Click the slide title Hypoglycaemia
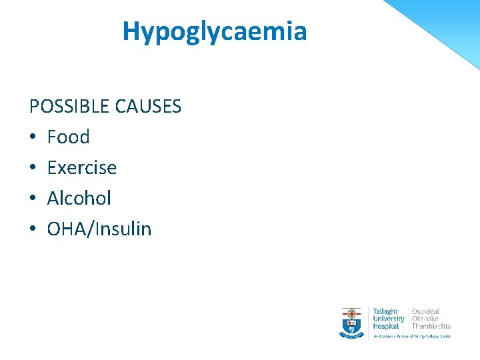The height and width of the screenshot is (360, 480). click(214, 31)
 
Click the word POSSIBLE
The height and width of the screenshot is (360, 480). click(69, 107)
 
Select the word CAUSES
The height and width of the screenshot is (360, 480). click(148, 107)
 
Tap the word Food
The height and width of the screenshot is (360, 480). click(68, 137)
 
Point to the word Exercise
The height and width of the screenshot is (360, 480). click(81, 168)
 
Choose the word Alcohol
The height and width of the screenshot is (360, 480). click(79, 199)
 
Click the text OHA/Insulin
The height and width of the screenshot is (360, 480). click(99, 229)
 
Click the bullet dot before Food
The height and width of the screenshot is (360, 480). click(33, 138)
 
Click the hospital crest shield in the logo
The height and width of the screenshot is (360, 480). click(351, 321)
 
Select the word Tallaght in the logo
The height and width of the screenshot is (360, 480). click(385, 311)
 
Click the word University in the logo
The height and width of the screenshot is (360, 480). click(389, 319)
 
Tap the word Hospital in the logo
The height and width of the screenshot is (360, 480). click(386, 326)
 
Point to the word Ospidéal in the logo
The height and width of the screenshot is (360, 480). click(425, 311)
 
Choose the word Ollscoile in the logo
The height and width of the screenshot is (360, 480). click(425, 319)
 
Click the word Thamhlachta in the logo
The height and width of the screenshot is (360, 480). click(431, 326)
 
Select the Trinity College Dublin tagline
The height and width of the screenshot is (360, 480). click(411, 336)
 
